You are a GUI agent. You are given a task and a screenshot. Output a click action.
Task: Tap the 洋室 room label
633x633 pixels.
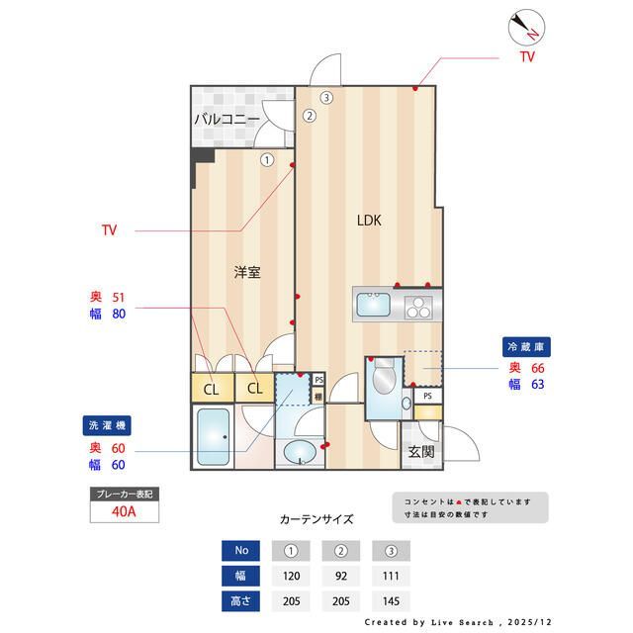pos(247,272)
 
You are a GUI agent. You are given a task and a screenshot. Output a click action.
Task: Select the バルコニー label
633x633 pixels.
pos(226,120)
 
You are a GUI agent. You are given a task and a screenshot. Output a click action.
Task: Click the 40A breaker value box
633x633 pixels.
pos(124,511)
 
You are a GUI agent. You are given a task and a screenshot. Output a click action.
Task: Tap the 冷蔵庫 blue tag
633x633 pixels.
pos(527,347)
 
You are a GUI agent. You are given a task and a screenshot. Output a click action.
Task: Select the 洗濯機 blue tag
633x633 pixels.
pos(107,425)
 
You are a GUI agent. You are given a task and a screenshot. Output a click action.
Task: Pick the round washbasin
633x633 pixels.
pos(299,454)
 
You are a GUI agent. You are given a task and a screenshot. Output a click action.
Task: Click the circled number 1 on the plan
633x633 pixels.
pos(267,159)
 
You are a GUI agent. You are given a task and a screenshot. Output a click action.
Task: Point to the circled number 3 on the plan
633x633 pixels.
pos(326,97)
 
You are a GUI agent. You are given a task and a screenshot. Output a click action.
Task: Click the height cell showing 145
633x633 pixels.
pos(391,600)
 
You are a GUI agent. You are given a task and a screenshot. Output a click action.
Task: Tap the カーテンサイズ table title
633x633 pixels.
pos(316,518)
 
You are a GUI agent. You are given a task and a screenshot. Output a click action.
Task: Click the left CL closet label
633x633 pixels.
pos(212,389)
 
